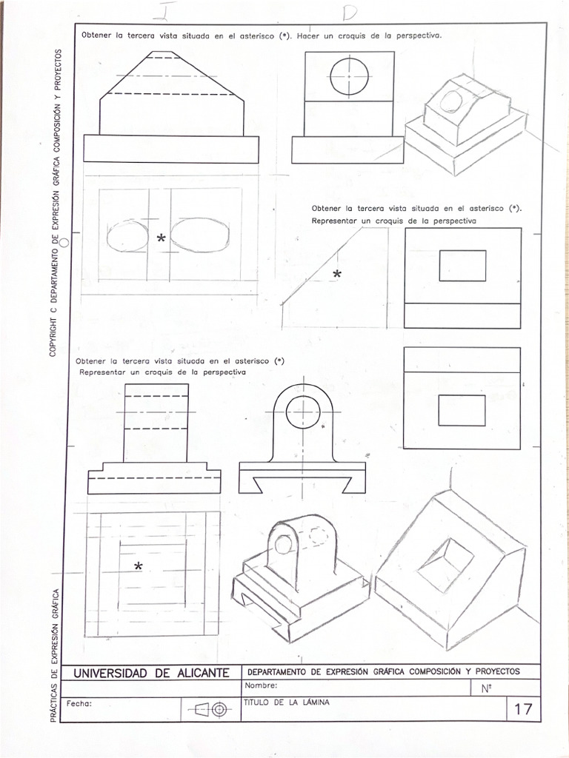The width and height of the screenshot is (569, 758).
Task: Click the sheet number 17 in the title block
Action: click(x=522, y=709)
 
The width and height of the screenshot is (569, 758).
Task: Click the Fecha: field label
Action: click(x=79, y=703)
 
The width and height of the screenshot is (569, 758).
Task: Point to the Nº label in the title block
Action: click(x=487, y=688)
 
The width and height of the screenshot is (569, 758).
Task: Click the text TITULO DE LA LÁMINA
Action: click(x=286, y=702)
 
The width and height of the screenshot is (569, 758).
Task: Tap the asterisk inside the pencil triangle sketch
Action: click(x=337, y=275)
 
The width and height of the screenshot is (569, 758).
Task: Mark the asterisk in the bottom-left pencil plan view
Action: click(x=139, y=567)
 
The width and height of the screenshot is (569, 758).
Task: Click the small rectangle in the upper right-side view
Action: click(x=462, y=266)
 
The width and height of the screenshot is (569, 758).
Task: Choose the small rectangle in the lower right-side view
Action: click(x=462, y=410)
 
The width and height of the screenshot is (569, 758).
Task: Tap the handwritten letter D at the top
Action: click(x=349, y=13)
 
